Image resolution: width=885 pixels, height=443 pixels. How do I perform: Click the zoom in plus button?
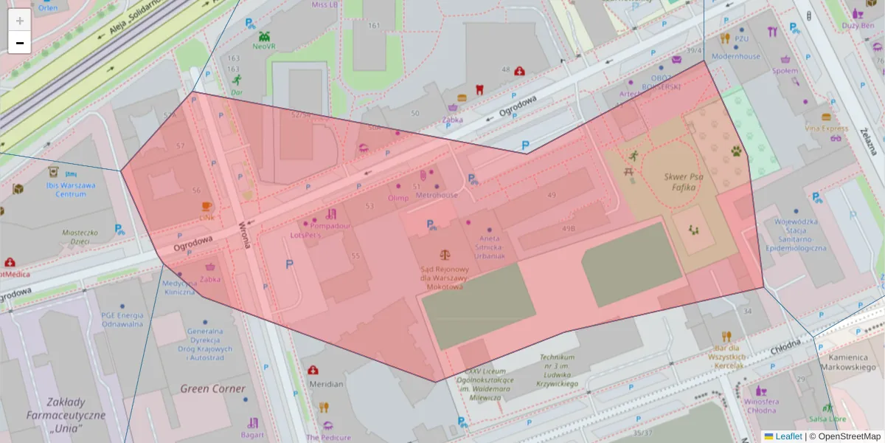coord(20,21)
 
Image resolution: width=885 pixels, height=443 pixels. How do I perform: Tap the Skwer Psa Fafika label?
coord(684,182)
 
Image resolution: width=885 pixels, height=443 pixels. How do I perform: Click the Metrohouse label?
coord(437,196)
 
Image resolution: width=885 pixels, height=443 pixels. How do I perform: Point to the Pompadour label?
coord(330,226)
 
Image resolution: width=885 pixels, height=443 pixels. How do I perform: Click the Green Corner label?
coord(213,388)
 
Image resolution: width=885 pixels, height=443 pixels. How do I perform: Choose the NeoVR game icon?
coord(265,35)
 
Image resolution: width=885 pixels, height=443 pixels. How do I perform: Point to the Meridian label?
coord(325,384)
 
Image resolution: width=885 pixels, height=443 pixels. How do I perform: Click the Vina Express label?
coord(827,128)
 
